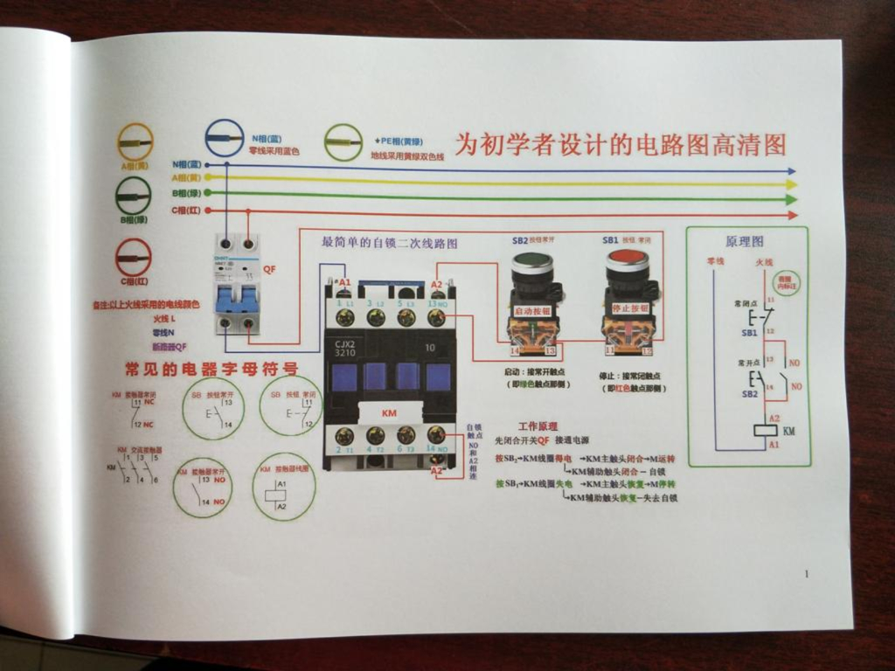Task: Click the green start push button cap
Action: [532, 261]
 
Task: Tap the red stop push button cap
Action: [627, 259]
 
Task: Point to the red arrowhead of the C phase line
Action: [792, 215]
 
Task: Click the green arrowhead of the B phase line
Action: [792, 199]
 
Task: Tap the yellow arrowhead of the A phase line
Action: [792, 184]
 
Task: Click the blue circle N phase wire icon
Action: [225, 139]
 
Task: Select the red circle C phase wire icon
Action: [133, 258]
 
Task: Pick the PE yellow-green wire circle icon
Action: [343, 141]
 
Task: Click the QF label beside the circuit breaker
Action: [269, 270]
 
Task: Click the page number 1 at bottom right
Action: [806, 574]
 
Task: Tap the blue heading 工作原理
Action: [538, 426]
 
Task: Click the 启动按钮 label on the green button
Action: [533, 310]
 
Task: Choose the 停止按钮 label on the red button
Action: [629, 308]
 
